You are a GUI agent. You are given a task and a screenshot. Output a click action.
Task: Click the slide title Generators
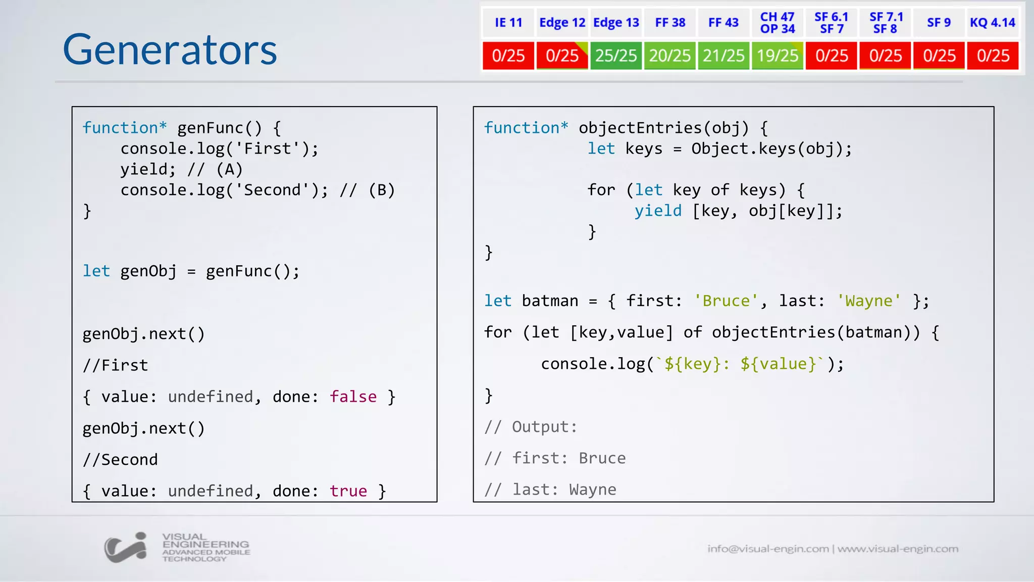[x=170, y=50]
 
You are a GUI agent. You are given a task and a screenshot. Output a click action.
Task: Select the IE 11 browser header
[x=508, y=23]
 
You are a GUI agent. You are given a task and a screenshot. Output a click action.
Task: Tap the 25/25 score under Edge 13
[x=616, y=56]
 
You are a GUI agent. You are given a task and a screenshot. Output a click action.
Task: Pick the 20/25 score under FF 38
[x=669, y=56]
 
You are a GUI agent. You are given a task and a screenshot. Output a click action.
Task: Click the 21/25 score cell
[x=723, y=56]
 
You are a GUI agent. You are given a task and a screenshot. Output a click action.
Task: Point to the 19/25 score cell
[x=778, y=56]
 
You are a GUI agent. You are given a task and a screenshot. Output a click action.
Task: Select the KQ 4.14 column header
[x=992, y=23]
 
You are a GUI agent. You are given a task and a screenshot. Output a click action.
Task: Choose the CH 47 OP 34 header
[x=778, y=23]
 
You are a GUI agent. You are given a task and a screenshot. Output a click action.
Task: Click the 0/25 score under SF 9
[x=939, y=56]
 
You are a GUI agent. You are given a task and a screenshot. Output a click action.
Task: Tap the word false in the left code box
[x=353, y=397]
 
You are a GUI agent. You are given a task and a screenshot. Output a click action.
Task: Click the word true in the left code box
[x=348, y=491]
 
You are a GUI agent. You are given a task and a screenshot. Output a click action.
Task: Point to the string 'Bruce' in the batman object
[x=726, y=301]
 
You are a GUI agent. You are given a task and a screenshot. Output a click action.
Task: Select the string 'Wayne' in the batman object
[x=868, y=301]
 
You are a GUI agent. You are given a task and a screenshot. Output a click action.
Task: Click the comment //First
[x=116, y=365]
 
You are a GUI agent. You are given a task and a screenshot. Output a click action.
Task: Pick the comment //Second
[x=120, y=460]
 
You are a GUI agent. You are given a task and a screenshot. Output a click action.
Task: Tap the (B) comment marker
[x=382, y=190]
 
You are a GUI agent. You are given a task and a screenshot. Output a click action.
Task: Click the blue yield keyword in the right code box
[x=658, y=211]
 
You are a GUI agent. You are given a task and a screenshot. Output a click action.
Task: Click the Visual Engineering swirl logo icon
[x=126, y=547]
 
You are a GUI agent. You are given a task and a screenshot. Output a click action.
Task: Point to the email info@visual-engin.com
[x=768, y=549]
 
